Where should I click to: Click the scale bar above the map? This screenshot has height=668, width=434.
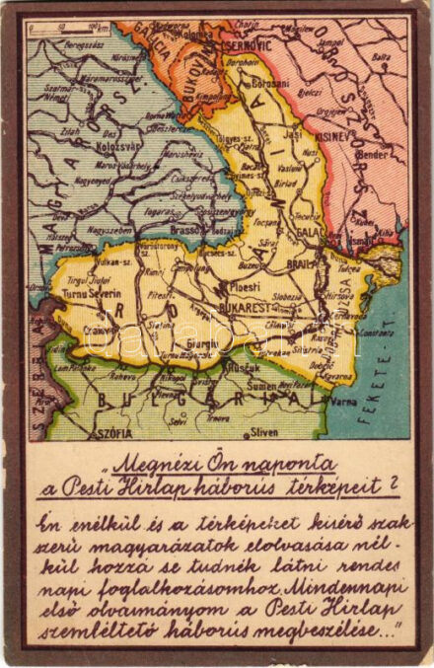tap(67, 31)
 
